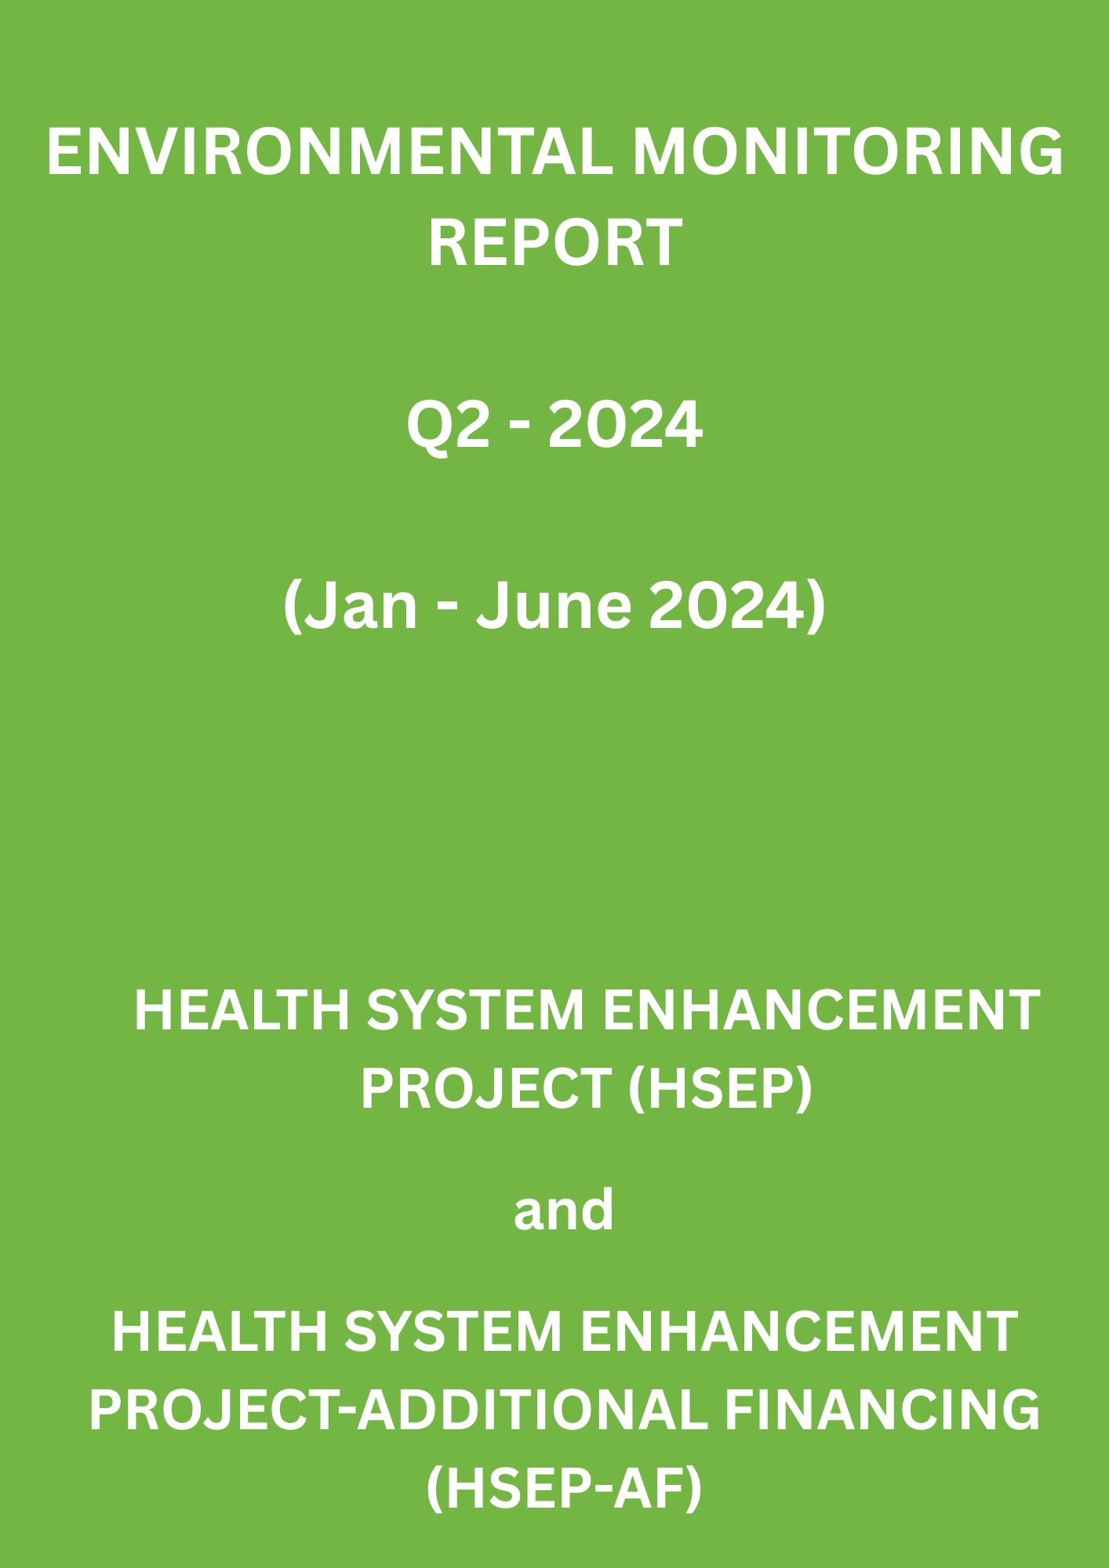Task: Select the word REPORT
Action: tap(554, 242)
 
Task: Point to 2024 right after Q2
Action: tap(624, 426)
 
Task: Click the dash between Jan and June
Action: tap(446, 612)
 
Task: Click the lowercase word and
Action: tap(563, 1209)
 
